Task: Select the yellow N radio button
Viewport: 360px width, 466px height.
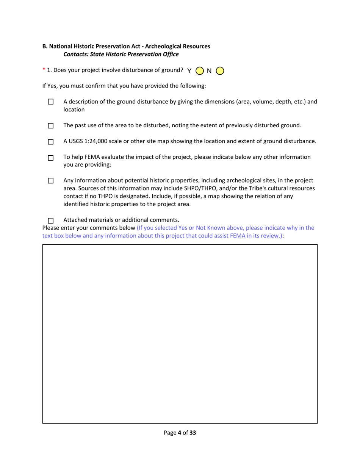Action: click(x=220, y=71)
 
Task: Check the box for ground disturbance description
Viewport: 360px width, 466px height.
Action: click(x=51, y=102)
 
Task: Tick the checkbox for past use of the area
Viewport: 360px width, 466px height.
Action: click(x=51, y=125)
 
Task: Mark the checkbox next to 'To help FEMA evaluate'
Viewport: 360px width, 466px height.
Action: click(x=51, y=158)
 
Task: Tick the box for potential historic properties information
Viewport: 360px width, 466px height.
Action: click(x=51, y=181)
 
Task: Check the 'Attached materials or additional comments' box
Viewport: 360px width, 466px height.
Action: click(x=51, y=220)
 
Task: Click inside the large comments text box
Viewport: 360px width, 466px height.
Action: click(x=180, y=333)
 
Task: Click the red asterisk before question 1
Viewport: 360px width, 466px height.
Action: click(x=44, y=70)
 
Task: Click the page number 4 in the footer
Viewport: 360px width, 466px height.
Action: click(x=179, y=432)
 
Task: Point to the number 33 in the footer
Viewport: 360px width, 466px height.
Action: click(x=193, y=432)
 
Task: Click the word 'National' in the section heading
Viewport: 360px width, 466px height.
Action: click(x=60, y=46)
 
